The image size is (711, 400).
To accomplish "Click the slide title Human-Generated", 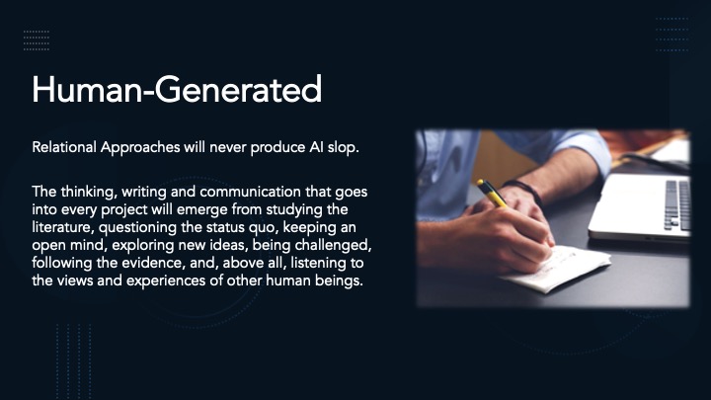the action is tap(177, 89).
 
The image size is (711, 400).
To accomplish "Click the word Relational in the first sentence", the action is tap(64, 147).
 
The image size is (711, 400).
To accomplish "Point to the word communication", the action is tap(250, 192).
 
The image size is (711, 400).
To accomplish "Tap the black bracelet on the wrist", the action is tap(524, 191).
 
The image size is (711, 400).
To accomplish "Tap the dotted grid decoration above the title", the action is tap(37, 40).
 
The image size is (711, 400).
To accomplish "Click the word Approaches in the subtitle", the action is tap(140, 147).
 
